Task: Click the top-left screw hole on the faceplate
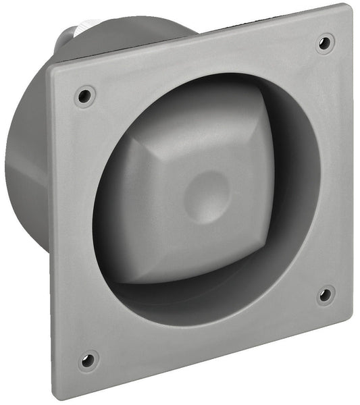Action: (85, 95)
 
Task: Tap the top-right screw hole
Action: (325, 43)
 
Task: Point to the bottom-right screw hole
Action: (325, 294)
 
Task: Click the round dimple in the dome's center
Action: (207, 190)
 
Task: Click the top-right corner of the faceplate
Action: (349, 7)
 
